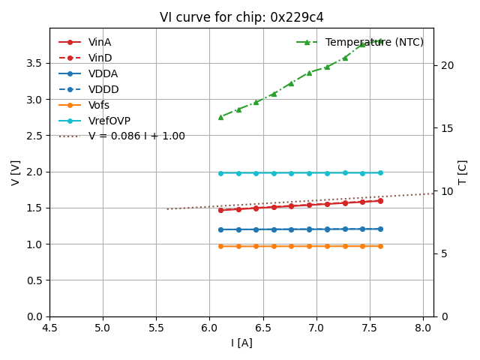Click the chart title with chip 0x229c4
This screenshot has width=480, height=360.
(x=241, y=17)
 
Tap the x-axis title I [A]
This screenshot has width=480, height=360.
(x=241, y=343)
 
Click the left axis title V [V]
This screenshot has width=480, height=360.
(x=16, y=172)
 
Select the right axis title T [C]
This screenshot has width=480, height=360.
(x=463, y=172)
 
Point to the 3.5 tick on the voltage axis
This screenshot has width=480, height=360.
(x=35, y=63)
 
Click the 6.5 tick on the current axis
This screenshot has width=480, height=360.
(x=263, y=328)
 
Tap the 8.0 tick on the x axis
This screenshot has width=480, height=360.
(x=424, y=328)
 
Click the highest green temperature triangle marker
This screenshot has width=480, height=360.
(x=380, y=41)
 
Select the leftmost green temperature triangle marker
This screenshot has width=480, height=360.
(x=220, y=117)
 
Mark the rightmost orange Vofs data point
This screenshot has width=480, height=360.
(x=380, y=246)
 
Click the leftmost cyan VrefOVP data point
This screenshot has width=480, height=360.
(x=220, y=173)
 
